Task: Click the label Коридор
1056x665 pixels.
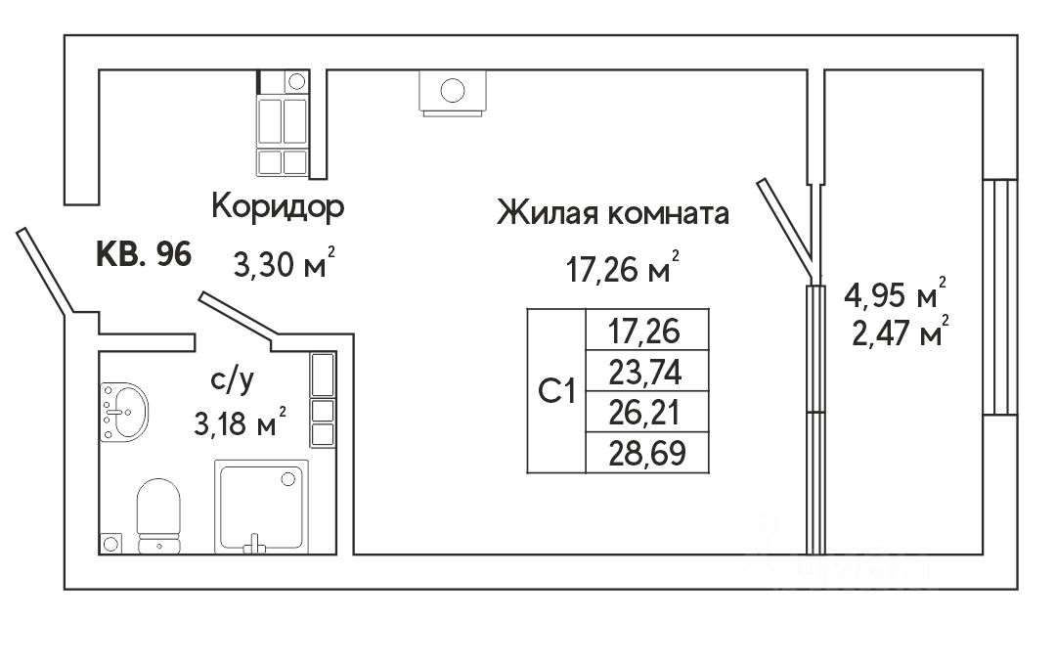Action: [279, 207]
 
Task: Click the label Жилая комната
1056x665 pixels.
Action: [613, 213]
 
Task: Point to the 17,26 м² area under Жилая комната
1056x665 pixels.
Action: [623, 268]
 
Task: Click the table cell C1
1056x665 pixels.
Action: [555, 391]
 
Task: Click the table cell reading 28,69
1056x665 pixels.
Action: [643, 454]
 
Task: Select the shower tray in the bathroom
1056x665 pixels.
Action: [260, 506]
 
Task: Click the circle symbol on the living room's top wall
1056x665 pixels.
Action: [452, 92]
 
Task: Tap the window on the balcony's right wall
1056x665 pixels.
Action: [998, 296]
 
